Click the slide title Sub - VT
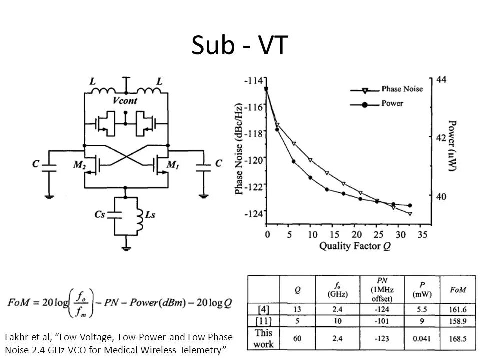pos(239,46)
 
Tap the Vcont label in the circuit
pos(125,100)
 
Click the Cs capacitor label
pos(100,214)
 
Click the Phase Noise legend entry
pos(402,89)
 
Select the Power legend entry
pos(392,104)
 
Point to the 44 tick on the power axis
pos(441,80)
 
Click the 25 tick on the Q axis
pos(377,234)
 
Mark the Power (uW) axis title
pos(452,146)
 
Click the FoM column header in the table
pos(458,290)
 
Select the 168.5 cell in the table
pos(458,339)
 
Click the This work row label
pos(264,338)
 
